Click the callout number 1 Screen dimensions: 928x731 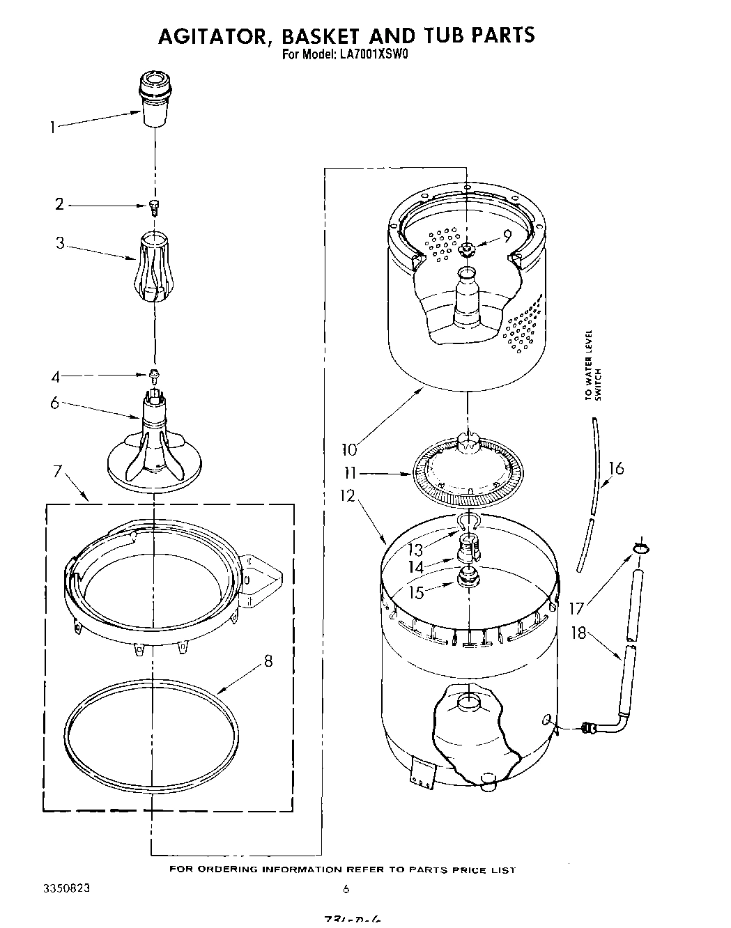coord(52,127)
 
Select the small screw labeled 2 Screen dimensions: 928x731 coord(153,205)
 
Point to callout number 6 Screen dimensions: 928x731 coord(54,402)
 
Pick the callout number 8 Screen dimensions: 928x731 coord(268,662)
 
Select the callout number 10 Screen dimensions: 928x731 coord(349,450)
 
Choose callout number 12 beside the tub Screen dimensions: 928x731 coord(348,496)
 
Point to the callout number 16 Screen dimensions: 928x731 coord(615,468)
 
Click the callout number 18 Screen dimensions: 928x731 coord(578,634)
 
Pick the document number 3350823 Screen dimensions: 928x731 coord(66,889)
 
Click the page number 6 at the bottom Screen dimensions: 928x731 coord(346,889)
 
